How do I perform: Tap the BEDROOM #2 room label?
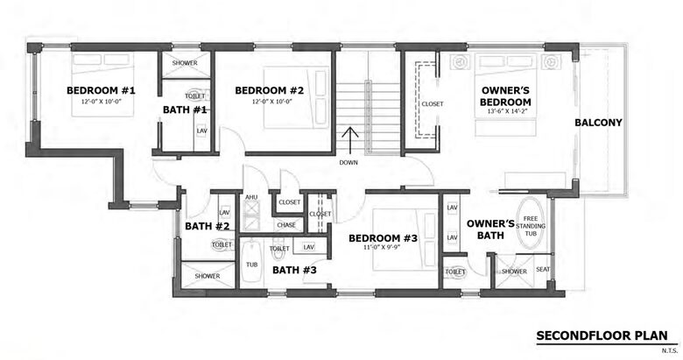(269, 90)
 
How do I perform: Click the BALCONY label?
(598, 123)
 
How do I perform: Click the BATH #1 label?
(185, 109)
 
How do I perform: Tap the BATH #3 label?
(294, 270)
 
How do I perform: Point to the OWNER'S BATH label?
(489, 229)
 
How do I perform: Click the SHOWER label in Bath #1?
(184, 63)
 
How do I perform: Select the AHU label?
(250, 198)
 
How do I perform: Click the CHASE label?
(286, 225)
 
